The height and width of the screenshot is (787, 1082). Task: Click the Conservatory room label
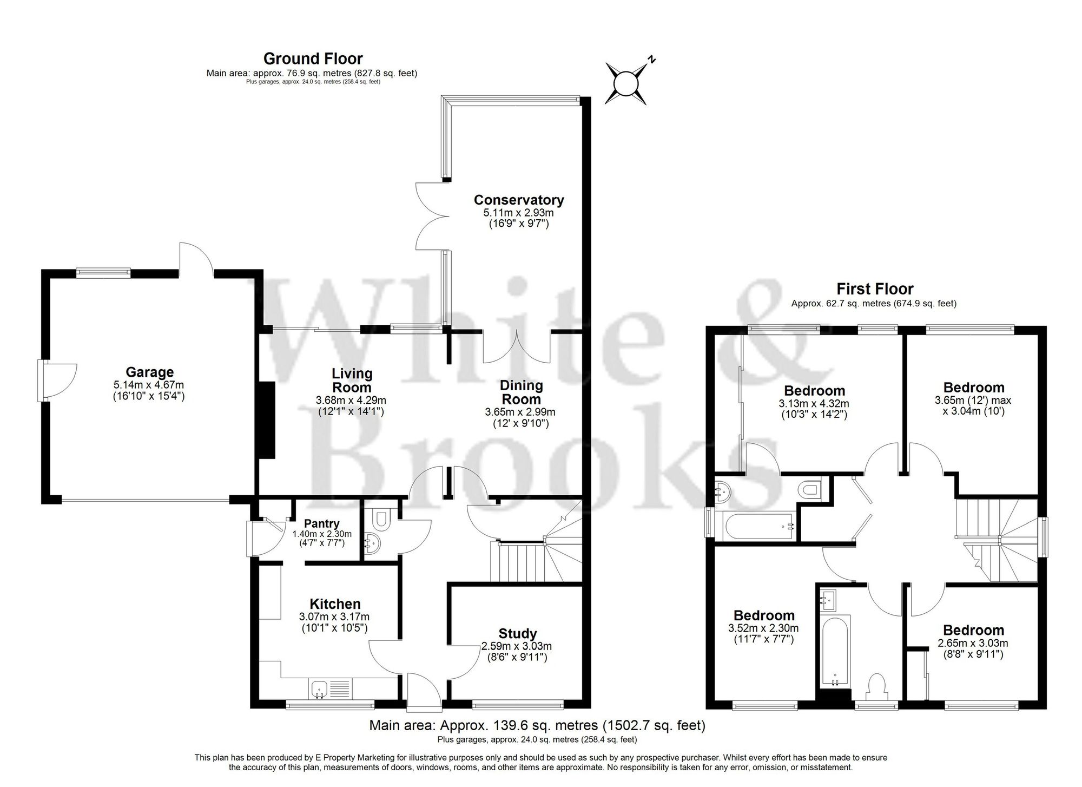click(518, 200)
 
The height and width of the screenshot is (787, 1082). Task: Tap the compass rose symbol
click(626, 84)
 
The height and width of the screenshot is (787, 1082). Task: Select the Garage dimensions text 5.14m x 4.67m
click(149, 385)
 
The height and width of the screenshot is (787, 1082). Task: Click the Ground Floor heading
click(313, 58)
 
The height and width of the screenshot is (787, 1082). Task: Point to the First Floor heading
click(874, 289)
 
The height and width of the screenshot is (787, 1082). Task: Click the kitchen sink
click(319, 690)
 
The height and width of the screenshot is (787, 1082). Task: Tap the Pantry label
click(321, 523)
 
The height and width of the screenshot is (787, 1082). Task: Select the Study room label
click(517, 633)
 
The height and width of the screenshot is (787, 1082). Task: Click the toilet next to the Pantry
click(381, 519)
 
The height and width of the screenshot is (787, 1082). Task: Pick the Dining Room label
click(520, 392)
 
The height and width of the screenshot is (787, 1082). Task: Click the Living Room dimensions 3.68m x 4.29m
click(351, 401)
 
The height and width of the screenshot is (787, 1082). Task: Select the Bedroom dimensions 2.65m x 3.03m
click(973, 643)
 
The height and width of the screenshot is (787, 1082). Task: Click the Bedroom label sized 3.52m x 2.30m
click(764, 615)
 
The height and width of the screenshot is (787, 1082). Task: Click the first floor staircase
click(995, 541)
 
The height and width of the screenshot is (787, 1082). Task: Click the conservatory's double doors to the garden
click(433, 217)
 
